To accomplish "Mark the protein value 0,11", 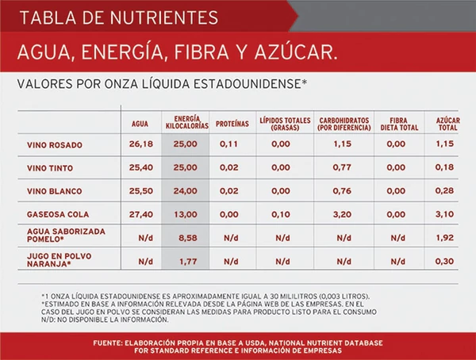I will [x=230, y=144].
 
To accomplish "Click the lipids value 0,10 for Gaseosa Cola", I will [x=279, y=214].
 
